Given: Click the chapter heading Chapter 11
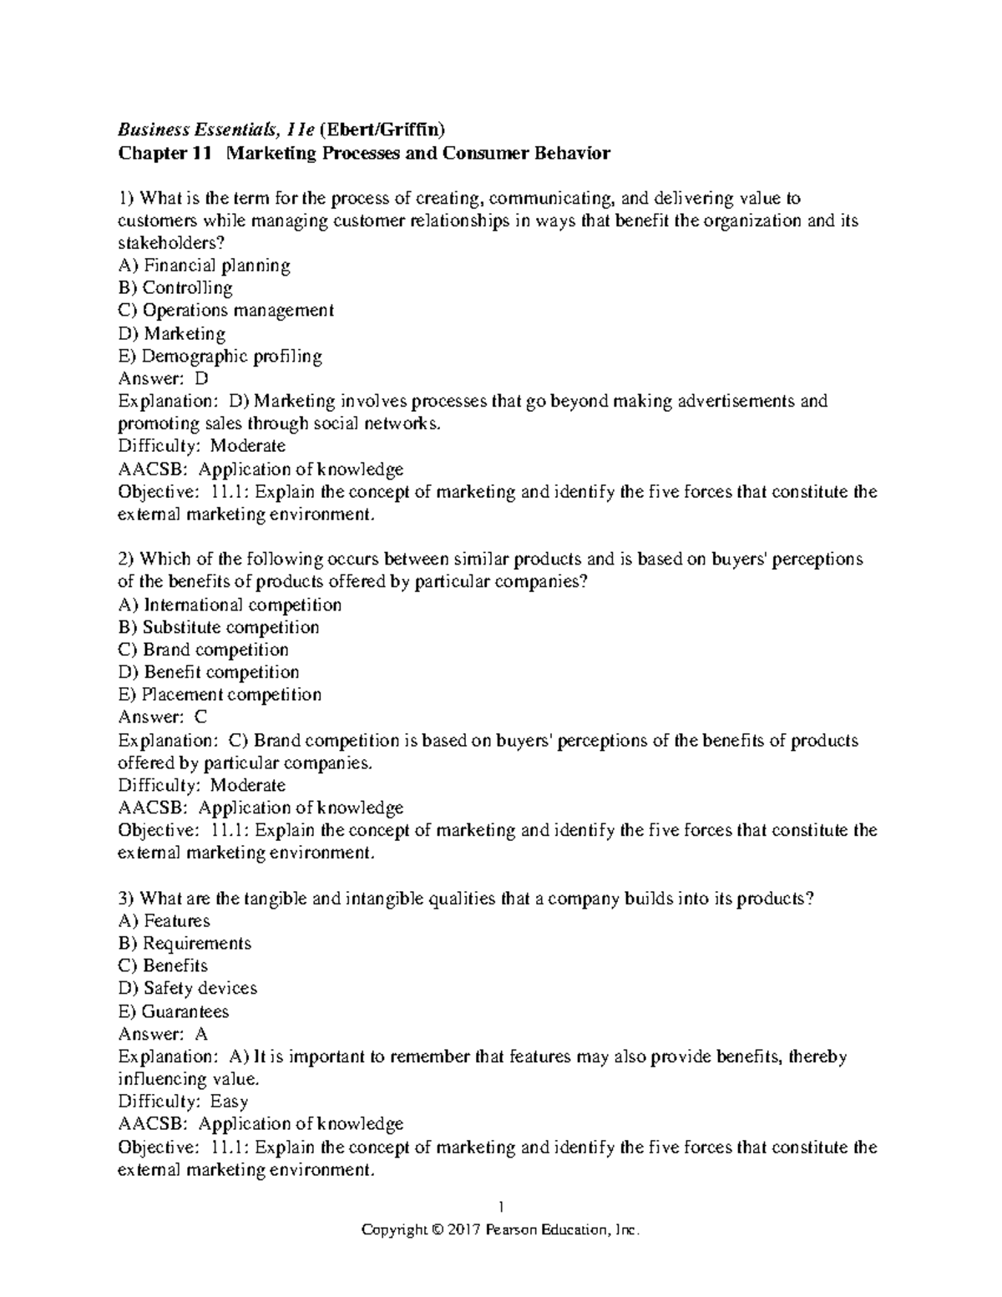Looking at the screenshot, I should point(165,153).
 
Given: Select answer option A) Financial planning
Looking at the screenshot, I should point(205,266).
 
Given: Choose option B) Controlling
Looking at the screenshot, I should point(175,288).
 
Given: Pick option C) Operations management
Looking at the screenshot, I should point(226,311).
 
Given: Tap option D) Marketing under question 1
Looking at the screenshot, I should point(172,333).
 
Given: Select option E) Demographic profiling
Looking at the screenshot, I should point(220,356).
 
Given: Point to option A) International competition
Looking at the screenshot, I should point(230,605).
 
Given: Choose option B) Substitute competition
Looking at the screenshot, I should point(219,627).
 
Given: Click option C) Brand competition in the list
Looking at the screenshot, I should point(204,650).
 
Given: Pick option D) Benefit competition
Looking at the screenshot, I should point(209,672).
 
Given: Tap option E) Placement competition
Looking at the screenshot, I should point(220,695).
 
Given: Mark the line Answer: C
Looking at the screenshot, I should point(163,717).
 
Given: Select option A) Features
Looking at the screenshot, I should point(164,921).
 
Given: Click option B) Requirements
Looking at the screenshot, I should point(185,944).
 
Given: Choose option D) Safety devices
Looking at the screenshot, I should point(188,989).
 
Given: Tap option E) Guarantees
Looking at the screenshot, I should point(174,1011).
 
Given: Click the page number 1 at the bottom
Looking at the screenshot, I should point(500,1206).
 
